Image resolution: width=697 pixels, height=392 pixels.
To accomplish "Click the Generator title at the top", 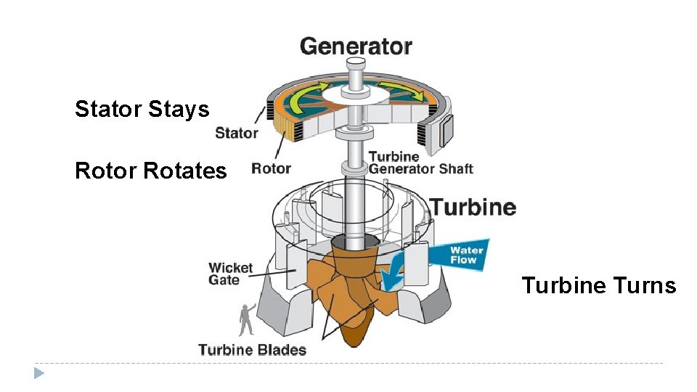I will [356, 46].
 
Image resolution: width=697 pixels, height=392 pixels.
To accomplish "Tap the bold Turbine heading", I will [473, 207].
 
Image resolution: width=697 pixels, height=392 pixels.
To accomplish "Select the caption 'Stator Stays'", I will [142, 110].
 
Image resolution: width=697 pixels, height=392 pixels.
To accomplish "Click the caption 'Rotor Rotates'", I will [151, 171].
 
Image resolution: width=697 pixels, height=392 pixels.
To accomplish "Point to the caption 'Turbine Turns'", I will [598, 286].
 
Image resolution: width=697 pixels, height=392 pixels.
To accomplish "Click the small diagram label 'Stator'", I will [237, 133].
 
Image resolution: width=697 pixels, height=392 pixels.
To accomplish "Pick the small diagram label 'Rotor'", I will [271, 169].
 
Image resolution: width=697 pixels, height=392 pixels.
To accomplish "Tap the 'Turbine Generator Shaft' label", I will [420, 163].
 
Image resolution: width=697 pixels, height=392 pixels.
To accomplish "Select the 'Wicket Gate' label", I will [230, 274].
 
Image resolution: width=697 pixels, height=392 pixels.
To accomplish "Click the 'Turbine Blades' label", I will [252, 350].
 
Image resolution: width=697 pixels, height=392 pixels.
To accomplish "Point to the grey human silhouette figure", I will [246, 319].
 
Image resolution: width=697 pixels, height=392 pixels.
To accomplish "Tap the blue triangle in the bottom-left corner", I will [39, 374].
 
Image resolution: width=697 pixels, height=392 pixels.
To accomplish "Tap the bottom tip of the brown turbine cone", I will [354, 342].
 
